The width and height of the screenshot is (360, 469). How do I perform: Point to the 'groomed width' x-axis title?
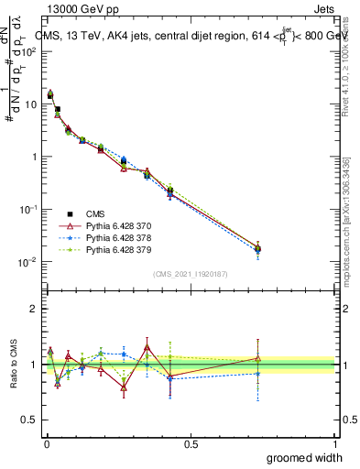[x=305, y=457]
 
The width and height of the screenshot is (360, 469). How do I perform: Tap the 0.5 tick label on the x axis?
[x=191, y=443]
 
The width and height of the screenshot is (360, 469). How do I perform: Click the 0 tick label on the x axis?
[x=46, y=443]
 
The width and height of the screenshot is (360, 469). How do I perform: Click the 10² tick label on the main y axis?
[x=27, y=51]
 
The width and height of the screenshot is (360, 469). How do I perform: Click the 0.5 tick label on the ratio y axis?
[x=30, y=420]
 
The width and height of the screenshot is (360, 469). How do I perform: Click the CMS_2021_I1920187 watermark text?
[x=191, y=274]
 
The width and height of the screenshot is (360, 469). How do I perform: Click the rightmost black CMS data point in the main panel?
[x=258, y=248]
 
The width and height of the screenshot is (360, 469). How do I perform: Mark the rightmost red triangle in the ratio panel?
[x=258, y=358]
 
